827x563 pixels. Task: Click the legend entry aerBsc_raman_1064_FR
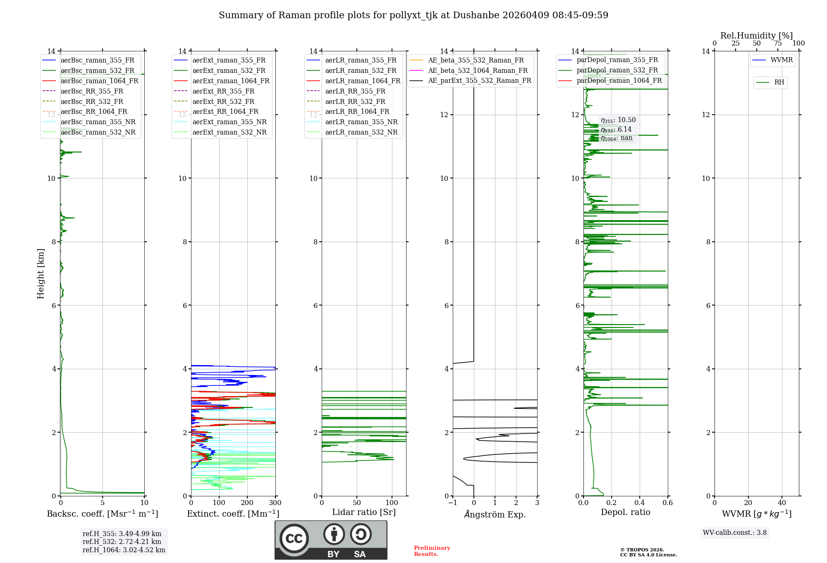coord(99,81)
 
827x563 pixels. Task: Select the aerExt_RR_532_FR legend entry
coord(223,101)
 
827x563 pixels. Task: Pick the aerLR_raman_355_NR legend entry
coord(361,122)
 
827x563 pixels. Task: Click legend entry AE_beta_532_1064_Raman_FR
coord(478,70)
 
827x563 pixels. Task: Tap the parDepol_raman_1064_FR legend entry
coord(619,80)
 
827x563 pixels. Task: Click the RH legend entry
coord(779,82)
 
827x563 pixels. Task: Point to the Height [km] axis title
coord(41,273)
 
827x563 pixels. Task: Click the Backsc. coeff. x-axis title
coord(102,514)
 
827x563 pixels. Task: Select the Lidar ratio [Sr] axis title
coord(363,512)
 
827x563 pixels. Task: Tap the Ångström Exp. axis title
coord(495,515)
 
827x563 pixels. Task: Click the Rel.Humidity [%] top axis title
coord(756,36)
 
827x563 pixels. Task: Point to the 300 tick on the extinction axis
coord(275,503)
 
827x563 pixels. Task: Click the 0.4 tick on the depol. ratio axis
coord(639,503)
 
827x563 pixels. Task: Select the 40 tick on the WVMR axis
coord(782,503)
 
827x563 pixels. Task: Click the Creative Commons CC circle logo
coord(294,538)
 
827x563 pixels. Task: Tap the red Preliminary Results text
coord(432,551)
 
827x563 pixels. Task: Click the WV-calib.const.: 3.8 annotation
coord(734,533)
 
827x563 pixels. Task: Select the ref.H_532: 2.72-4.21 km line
coord(122,541)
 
